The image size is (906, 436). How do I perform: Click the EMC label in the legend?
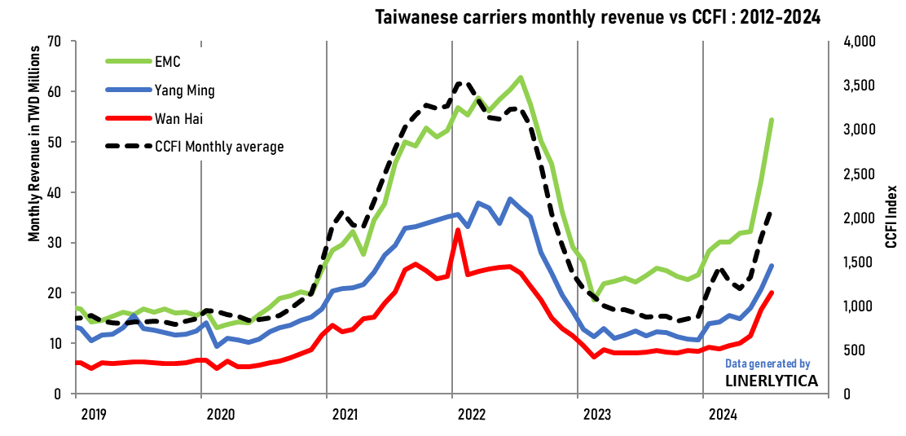pos(167,62)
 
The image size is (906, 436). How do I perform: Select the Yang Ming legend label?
pos(185,90)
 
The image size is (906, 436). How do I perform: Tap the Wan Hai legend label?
pos(178,119)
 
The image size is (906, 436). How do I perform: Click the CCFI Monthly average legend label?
pos(219,147)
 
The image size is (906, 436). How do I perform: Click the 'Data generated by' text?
pos(767,364)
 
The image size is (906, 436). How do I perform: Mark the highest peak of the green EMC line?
pos(521,77)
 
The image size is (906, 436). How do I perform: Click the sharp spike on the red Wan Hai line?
pos(458,230)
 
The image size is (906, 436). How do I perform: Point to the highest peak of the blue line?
pos(511,199)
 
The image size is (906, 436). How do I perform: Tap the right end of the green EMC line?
pos(771,121)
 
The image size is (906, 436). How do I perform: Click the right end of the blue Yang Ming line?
pos(771,266)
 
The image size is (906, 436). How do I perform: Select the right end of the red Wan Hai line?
pos(771,293)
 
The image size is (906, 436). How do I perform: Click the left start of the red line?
pos(76,362)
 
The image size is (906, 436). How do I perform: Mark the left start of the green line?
pos(76,307)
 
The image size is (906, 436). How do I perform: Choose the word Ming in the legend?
pos(200,90)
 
